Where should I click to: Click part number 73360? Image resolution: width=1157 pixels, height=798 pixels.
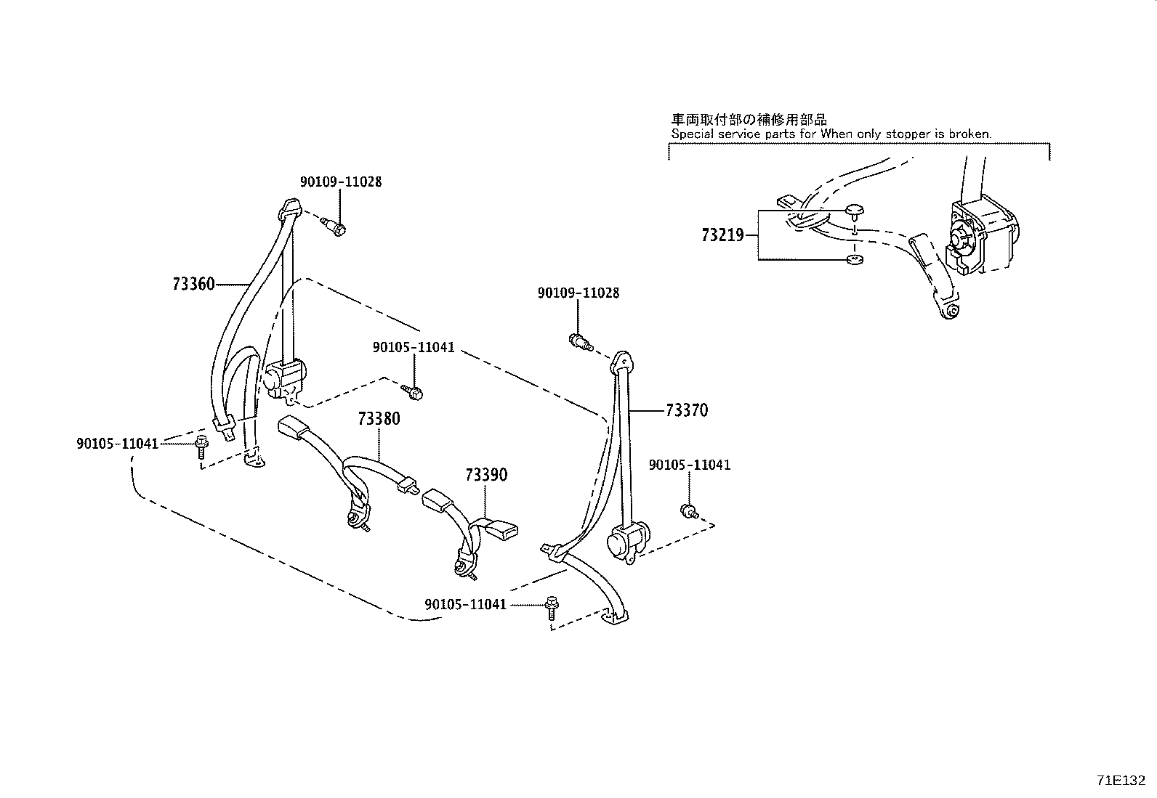194,284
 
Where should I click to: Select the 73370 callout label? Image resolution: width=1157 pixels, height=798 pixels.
687,410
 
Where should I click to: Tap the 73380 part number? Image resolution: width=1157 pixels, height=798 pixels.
379,419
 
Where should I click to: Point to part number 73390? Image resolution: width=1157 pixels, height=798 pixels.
486,474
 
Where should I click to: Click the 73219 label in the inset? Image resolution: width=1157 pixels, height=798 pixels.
722,235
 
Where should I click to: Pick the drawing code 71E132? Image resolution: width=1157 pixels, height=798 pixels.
1121,781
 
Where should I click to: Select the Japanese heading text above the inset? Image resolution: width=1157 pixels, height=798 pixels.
749,120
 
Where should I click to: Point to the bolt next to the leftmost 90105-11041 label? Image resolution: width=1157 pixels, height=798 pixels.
201,447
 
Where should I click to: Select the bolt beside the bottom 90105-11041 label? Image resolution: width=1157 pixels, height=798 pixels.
552,608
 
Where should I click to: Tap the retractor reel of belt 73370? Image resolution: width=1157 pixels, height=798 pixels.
626,542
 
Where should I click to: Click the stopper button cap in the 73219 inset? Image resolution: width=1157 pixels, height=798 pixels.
855,211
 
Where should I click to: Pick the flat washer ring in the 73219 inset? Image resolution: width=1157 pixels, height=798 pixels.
855,259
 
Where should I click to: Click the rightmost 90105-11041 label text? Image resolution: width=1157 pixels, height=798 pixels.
690,465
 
